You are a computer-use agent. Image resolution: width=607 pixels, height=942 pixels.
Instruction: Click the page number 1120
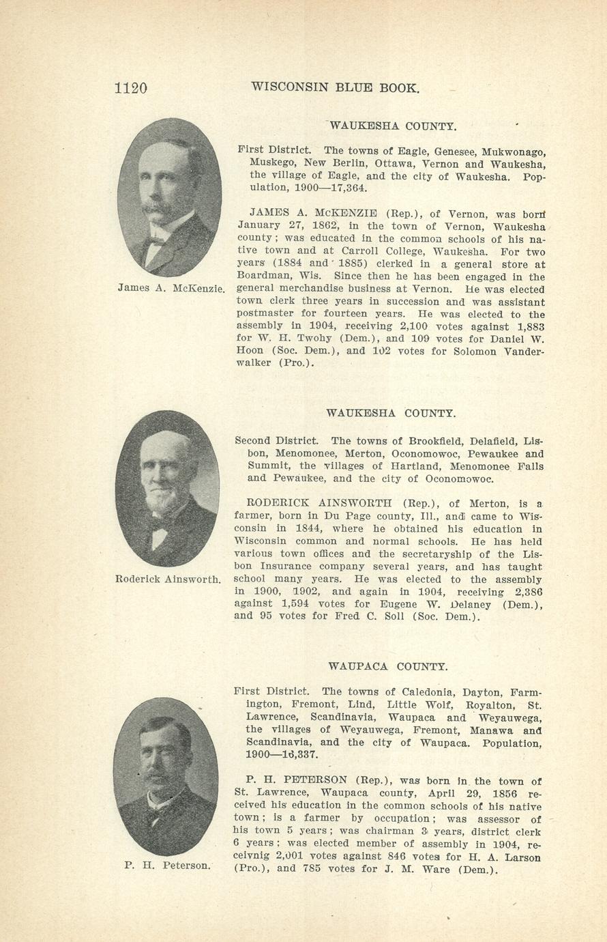point(130,88)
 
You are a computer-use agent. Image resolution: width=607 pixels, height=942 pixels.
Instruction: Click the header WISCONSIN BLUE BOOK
point(335,87)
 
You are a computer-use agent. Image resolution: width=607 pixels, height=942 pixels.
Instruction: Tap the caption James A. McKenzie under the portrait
point(171,287)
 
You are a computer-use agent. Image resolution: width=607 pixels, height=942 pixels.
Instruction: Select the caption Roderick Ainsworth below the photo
point(168,580)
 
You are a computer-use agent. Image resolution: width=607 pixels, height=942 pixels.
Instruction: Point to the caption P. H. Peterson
point(168,866)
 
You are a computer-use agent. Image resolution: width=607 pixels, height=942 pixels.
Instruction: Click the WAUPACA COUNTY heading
point(387,666)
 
